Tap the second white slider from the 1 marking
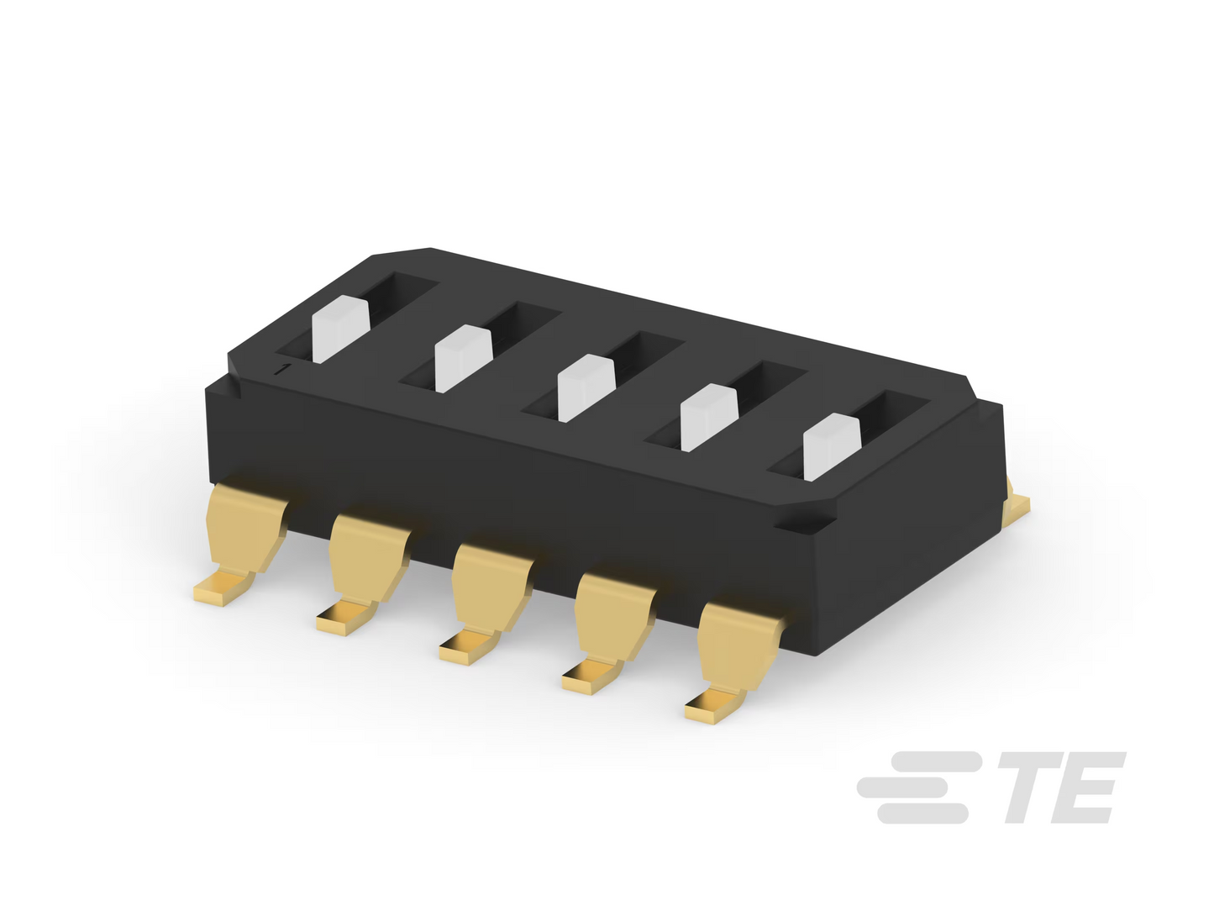[464, 358]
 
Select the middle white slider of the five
[586, 387]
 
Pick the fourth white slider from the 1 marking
[709, 418]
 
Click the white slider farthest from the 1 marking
[831, 447]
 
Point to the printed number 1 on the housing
[284, 369]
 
